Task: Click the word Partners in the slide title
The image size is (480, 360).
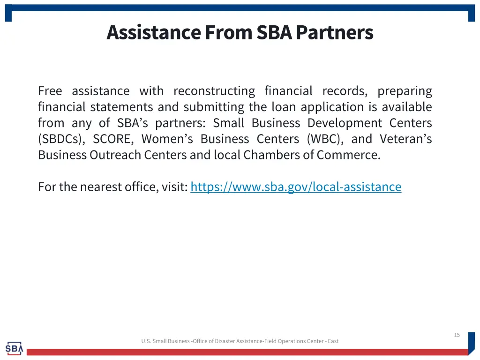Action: (x=334, y=32)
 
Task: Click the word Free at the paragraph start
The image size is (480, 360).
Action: (x=50, y=91)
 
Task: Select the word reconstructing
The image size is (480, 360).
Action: (x=214, y=91)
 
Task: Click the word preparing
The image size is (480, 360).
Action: (x=405, y=91)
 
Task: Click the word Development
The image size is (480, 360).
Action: (x=345, y=123)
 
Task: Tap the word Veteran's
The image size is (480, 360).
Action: (x=405, y=139)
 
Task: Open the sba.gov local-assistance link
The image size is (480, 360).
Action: (x=296, y=187)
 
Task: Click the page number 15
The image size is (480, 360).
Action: (x=457, y=335)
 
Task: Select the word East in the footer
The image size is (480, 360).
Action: (x=333, y=341)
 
